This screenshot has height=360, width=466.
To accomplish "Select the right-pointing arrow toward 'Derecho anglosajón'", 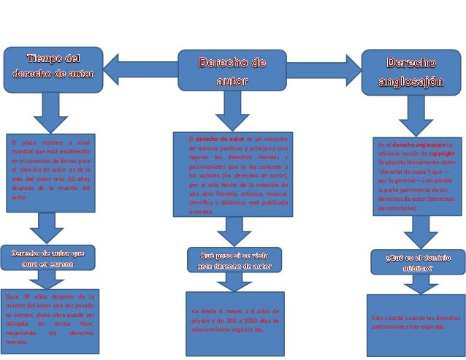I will point(321,69).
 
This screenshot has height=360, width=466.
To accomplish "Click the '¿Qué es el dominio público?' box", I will point(419,263).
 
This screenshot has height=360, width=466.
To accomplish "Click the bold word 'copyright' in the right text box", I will point(439,154).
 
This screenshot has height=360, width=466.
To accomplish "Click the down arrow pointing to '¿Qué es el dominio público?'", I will point(421,231).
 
